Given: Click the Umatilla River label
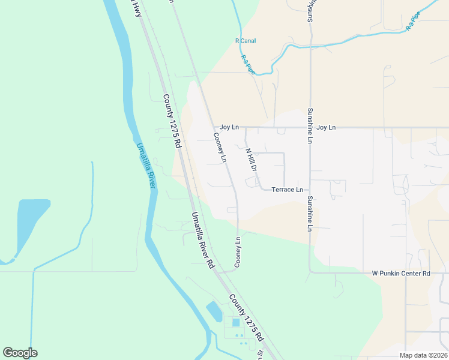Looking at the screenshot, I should (x=146, y=165).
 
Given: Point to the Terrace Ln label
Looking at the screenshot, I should (x=287, y=190).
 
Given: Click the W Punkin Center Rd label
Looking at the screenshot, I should (x=401, y=274).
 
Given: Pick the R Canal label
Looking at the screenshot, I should (x=245, y=41).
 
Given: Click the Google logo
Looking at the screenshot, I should (x=20, y=353).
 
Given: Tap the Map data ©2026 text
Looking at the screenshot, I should (x=423, y=355).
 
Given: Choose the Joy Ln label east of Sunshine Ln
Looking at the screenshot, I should (x=326, y=127).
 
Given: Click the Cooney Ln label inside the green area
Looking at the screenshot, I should (x=238, y=252).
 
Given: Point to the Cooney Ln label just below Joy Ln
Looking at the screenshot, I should (x=220, y=148).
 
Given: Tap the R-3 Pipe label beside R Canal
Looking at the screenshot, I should (x=247, y=64).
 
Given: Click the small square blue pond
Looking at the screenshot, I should (x=236, y=323).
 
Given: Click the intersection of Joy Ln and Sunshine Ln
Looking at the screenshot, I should (x=310, y=127).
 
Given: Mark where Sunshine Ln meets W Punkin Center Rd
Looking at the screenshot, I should (x=310, y=272).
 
